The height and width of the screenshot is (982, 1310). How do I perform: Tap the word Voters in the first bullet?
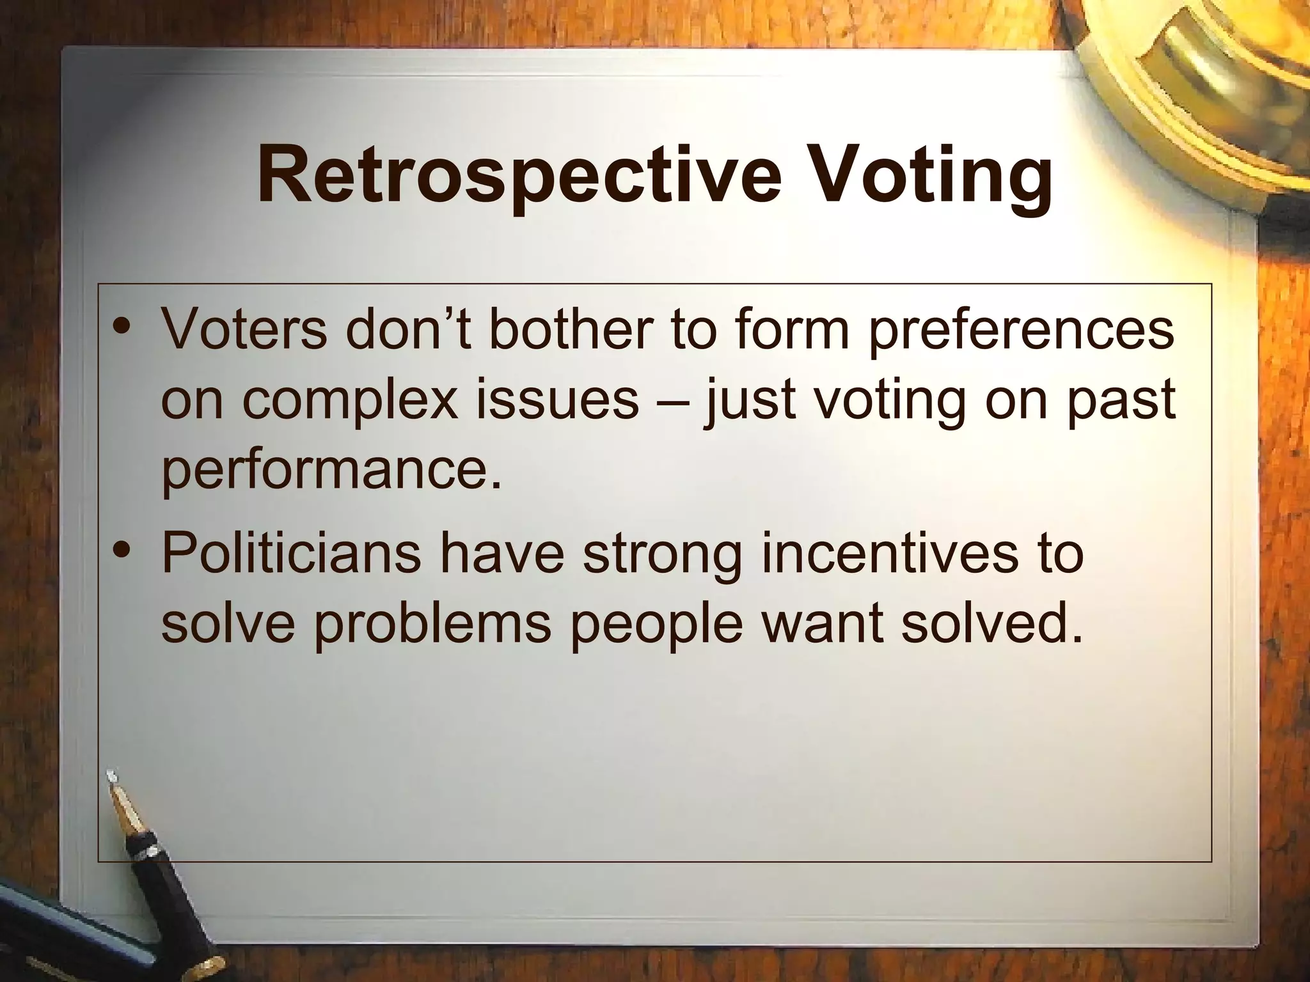243,329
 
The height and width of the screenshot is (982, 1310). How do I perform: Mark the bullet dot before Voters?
121,330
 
